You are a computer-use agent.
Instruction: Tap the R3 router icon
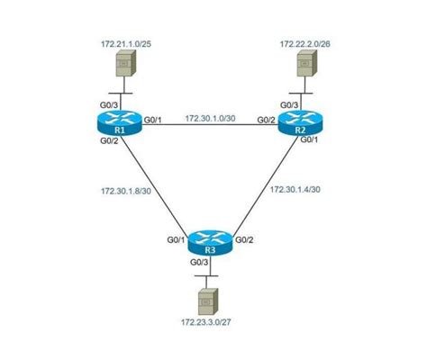[x=210, y=243]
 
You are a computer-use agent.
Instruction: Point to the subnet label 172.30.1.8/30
[x=128, y=191]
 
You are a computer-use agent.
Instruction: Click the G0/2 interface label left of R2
[x=267, y=119]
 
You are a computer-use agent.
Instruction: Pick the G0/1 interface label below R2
[x=309, y=139]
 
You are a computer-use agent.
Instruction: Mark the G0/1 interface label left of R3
[x=177, y=239]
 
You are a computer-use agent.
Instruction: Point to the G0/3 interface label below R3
[x=199, y=262]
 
